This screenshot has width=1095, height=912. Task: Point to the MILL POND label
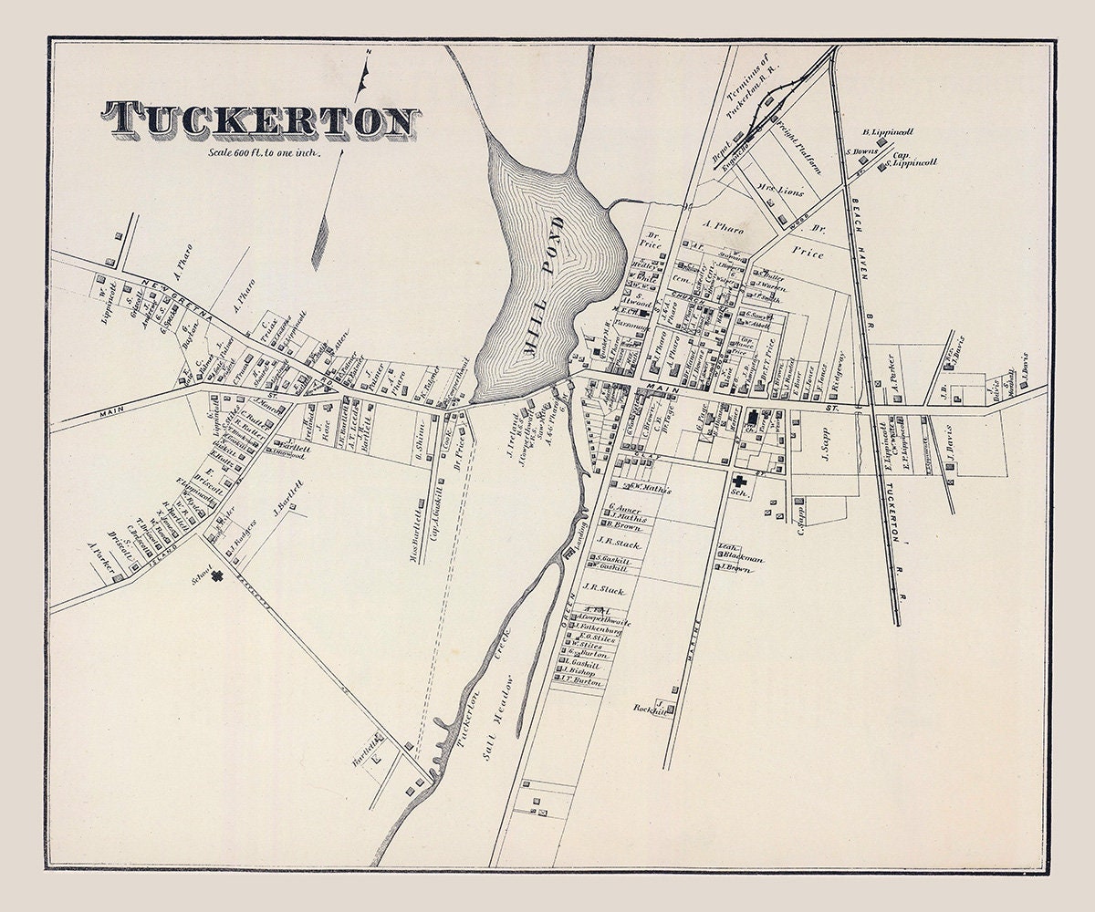[550, 285]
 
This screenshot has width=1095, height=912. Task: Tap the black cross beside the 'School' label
[218, 575]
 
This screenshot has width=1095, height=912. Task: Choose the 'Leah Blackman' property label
[739, 554]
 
